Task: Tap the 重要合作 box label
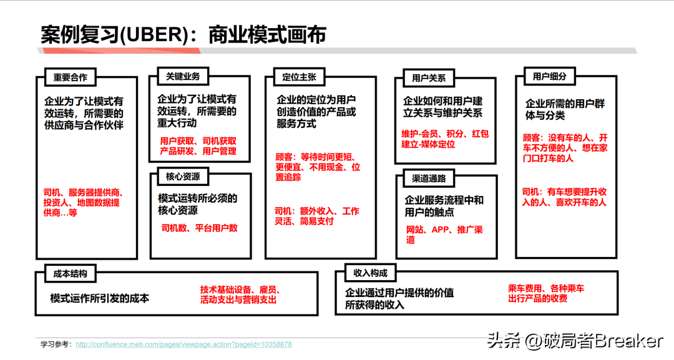click(70, 77)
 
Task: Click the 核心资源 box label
click(183, 177)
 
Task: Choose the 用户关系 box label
click(429, 79)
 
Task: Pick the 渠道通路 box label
click(429, 178)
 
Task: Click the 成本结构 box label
click(70, 273)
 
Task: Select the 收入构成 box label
click(370, 273)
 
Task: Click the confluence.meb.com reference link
click(183, 344)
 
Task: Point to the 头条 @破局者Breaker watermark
click(575, 341)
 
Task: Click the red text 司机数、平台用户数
click(199, 228)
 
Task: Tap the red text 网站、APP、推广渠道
click(444, 235)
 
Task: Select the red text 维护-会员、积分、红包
click(445, 134)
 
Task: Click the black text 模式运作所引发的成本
click(100, 298)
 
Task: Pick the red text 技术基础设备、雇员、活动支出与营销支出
click(240, 294)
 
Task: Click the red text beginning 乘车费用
click(545, 293)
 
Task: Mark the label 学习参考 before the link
click(56, 344)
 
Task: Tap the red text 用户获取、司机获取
click(198, 141)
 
